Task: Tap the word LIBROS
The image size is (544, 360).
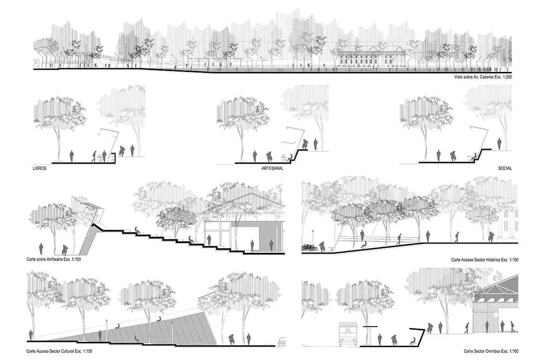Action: (x=39, y=168)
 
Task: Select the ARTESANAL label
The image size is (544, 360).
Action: (x=272, y=168)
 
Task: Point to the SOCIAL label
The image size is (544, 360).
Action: (x=505, y=168)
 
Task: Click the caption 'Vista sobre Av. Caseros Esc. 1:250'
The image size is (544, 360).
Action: (x=483, y=77)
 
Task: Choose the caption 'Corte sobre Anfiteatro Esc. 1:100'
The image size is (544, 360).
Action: (x=54, y=259)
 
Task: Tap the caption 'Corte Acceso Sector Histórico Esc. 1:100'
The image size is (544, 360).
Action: (x=485, y=260)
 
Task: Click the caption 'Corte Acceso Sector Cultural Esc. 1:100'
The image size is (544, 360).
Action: (x=59, y=351)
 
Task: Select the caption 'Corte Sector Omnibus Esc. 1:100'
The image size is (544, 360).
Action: (x=491, y=351)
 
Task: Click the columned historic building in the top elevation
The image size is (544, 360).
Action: (x=370, y=56)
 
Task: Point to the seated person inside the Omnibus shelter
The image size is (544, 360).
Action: (x=413, y=341)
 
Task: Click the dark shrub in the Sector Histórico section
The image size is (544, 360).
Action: (x=308, y=248)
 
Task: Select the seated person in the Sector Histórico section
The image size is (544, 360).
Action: (x=363, y=244)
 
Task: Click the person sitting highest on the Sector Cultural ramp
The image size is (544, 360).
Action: (x=159, y=319)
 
